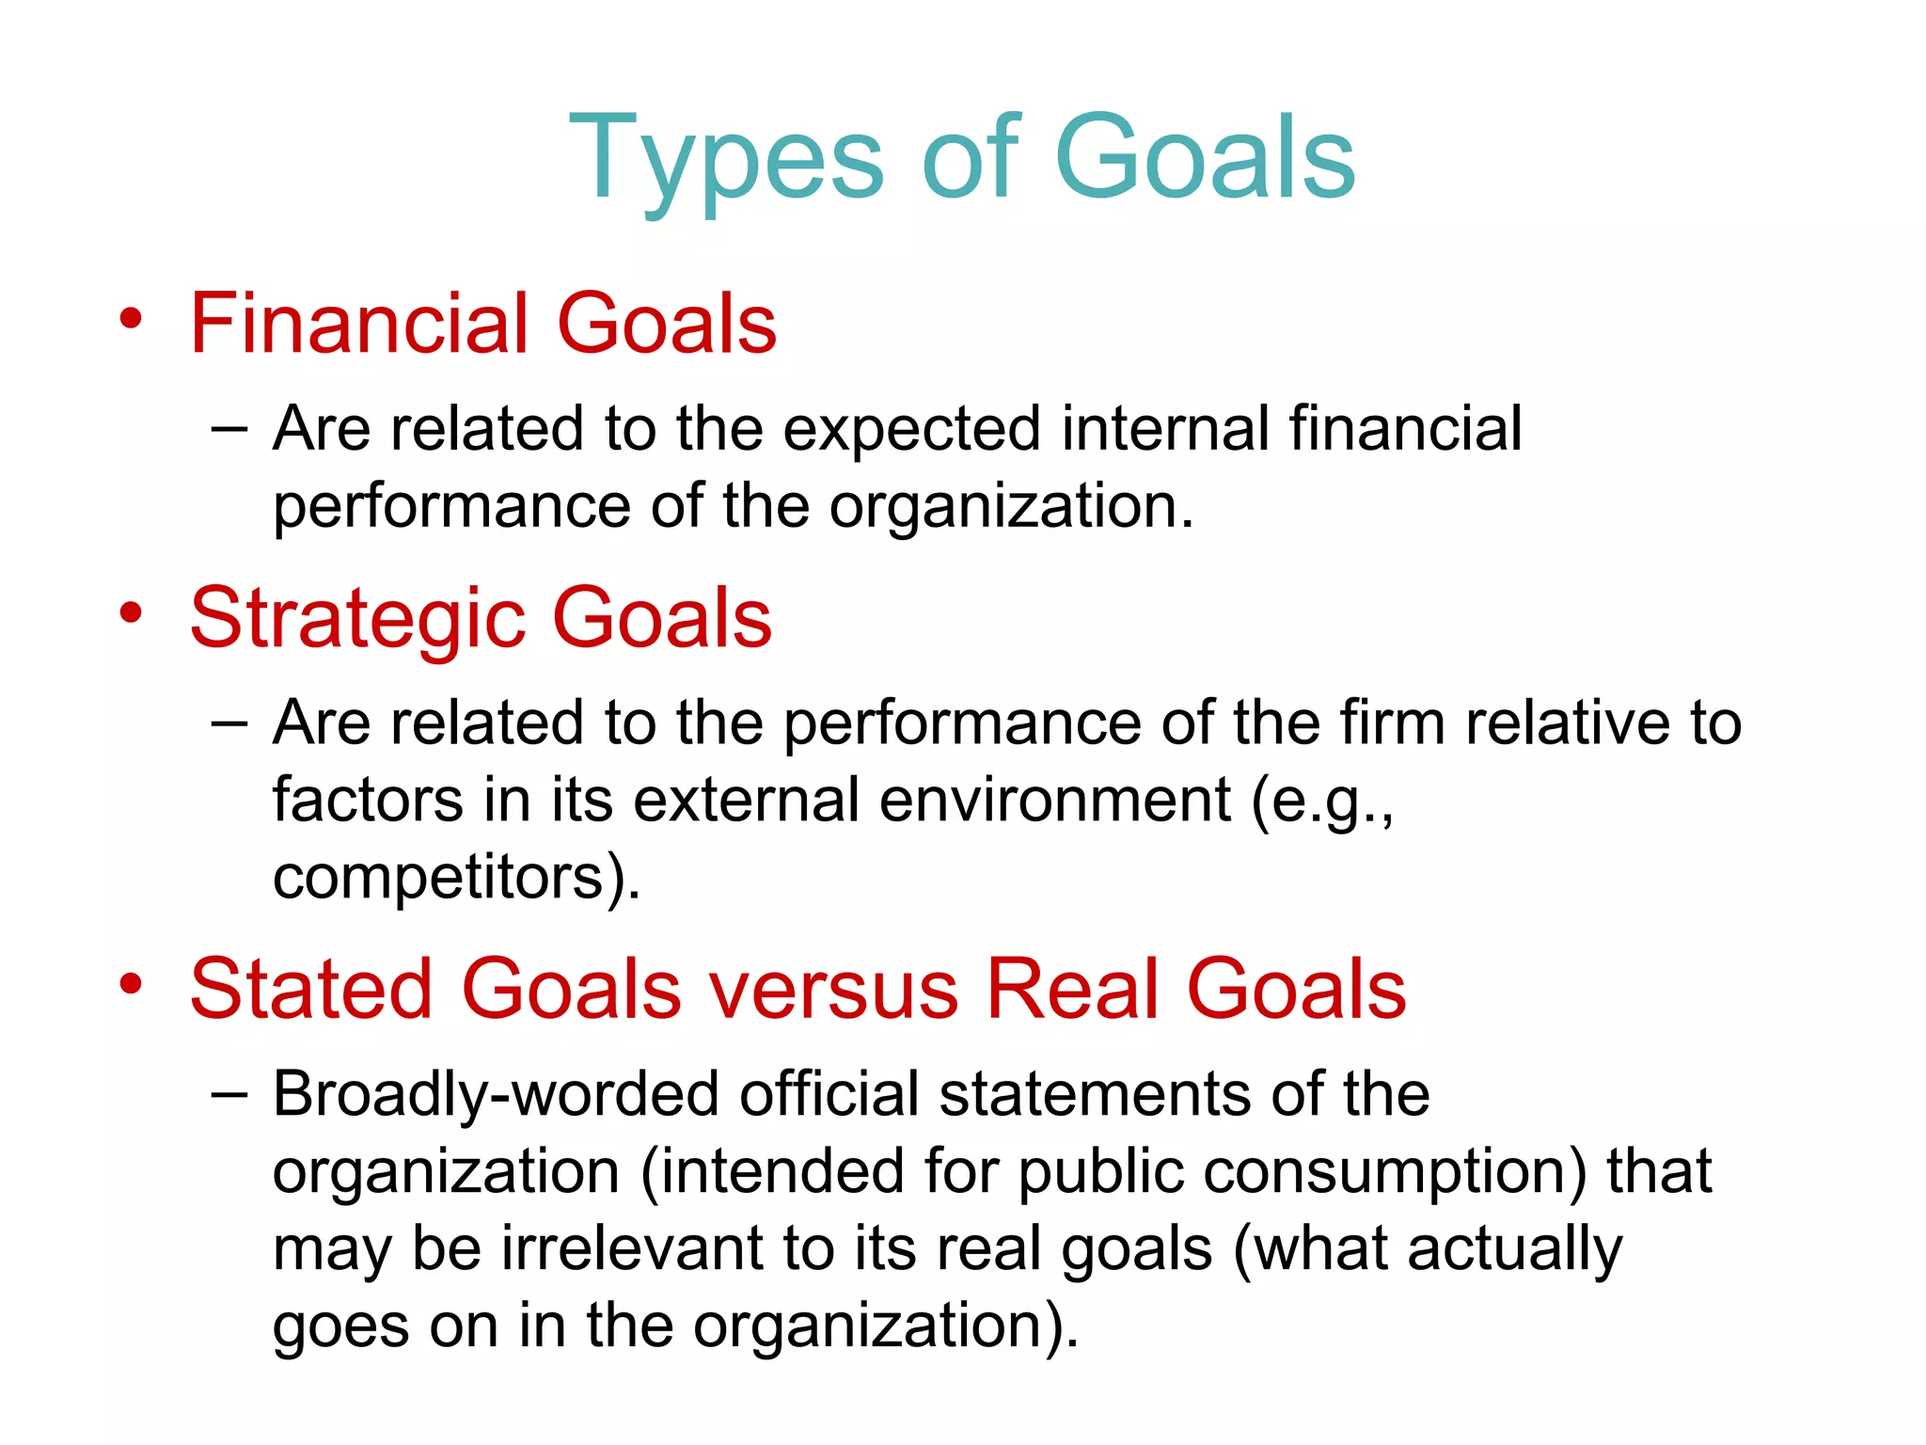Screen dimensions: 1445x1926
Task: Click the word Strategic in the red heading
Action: tap(357, 619)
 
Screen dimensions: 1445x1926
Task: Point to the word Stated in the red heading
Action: tap(311, 989)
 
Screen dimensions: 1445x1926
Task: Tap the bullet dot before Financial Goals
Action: tap(131, 319)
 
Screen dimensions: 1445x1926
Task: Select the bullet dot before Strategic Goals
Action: tap(131, 613)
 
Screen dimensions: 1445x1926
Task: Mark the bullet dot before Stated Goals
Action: tap(131, 984)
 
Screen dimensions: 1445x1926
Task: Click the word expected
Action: tap(911, 430)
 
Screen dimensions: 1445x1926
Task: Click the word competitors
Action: tap(438, 878)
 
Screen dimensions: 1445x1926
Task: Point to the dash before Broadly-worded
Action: tap(229, 1094)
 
